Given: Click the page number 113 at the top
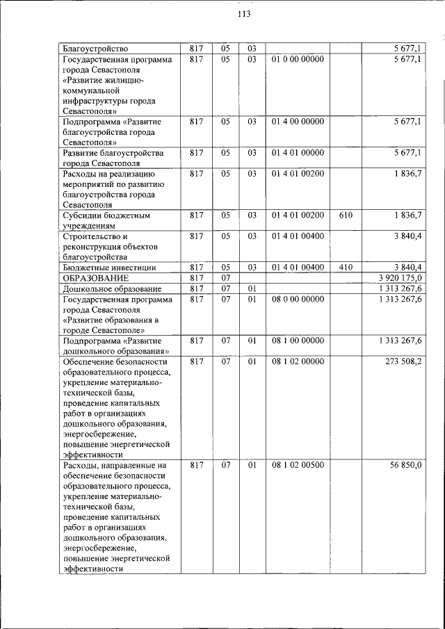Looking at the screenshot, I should (243, 15).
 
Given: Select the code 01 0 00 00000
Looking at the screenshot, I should (298, 60).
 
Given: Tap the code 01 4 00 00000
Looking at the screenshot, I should (298, 122).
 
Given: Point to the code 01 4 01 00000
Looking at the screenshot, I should (298, 153).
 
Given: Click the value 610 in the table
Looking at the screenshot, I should (346, 215).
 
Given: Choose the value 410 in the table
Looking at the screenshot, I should (346, 268).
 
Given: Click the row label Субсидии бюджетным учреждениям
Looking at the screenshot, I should (107, 220).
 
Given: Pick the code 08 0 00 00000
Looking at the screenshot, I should (298, 299).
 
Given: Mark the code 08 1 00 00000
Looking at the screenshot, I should (298, 341).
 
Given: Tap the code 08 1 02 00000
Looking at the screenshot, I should (298, 361).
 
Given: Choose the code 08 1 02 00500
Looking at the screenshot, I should (298, 465).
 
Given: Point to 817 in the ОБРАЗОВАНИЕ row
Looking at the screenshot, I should (196, 278).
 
